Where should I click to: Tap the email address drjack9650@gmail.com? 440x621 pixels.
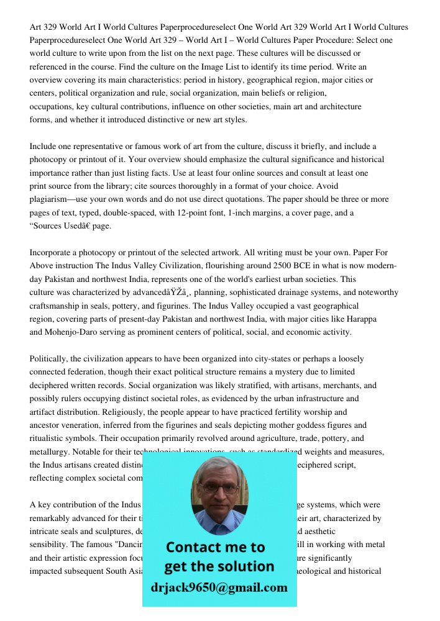tap(219, 587)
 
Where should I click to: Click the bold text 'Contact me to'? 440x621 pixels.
tap(216, 547)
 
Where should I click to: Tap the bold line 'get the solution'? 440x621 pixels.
tap(219, 566)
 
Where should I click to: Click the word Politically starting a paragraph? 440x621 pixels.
tap(48, 359)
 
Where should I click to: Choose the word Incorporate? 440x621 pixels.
tap(52, 253)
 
